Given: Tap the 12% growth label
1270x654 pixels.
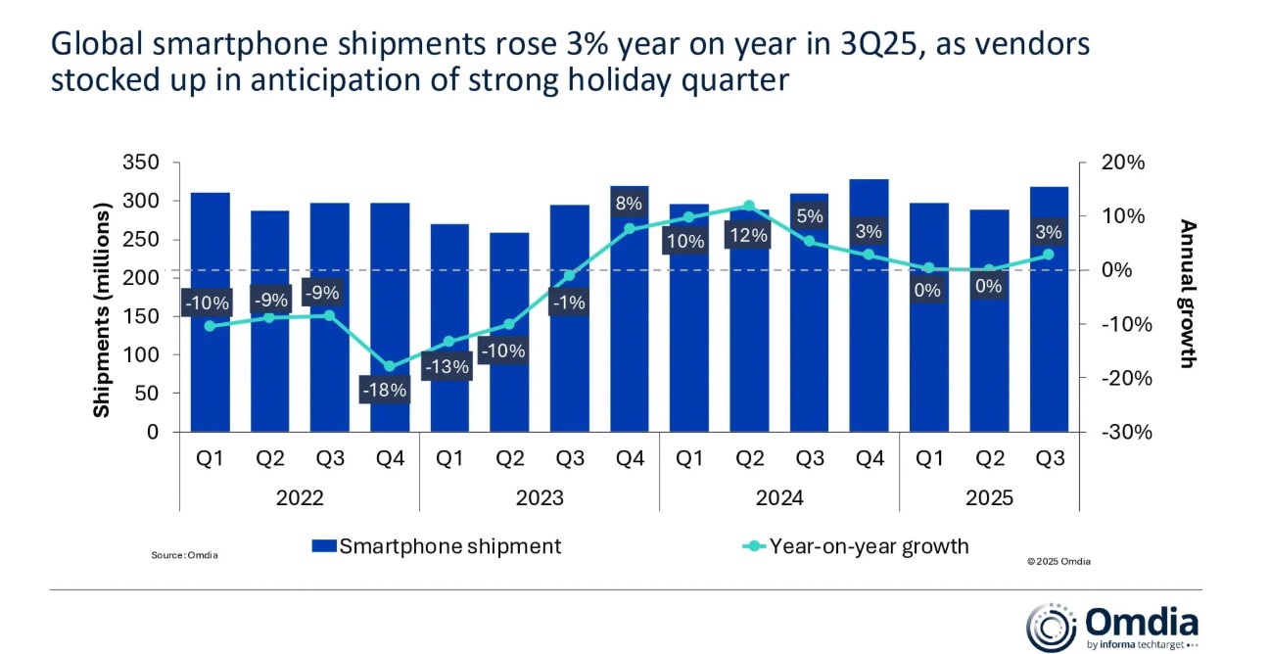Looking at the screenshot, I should tap(748, 236).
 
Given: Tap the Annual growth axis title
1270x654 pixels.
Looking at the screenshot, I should tap(1189, 294).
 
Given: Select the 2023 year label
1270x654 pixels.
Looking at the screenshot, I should tap(539, 498).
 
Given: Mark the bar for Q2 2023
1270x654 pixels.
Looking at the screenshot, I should tap(509, 333).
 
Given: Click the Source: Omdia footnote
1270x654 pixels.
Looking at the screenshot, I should tap(184, 555).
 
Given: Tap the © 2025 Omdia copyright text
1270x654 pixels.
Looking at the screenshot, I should tap(1058, 562).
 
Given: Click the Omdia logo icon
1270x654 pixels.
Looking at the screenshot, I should tap(1051, 628).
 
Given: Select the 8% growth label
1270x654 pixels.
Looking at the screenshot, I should tap(629, 204).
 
